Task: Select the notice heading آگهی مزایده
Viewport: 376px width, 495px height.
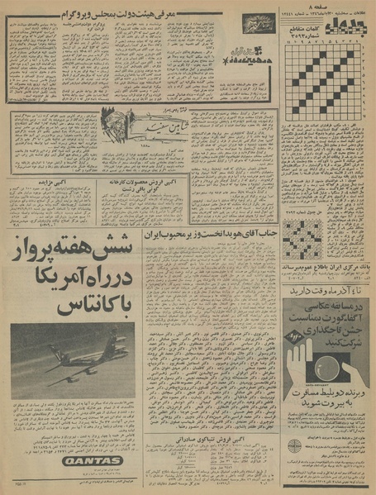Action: tap(56, 188)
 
